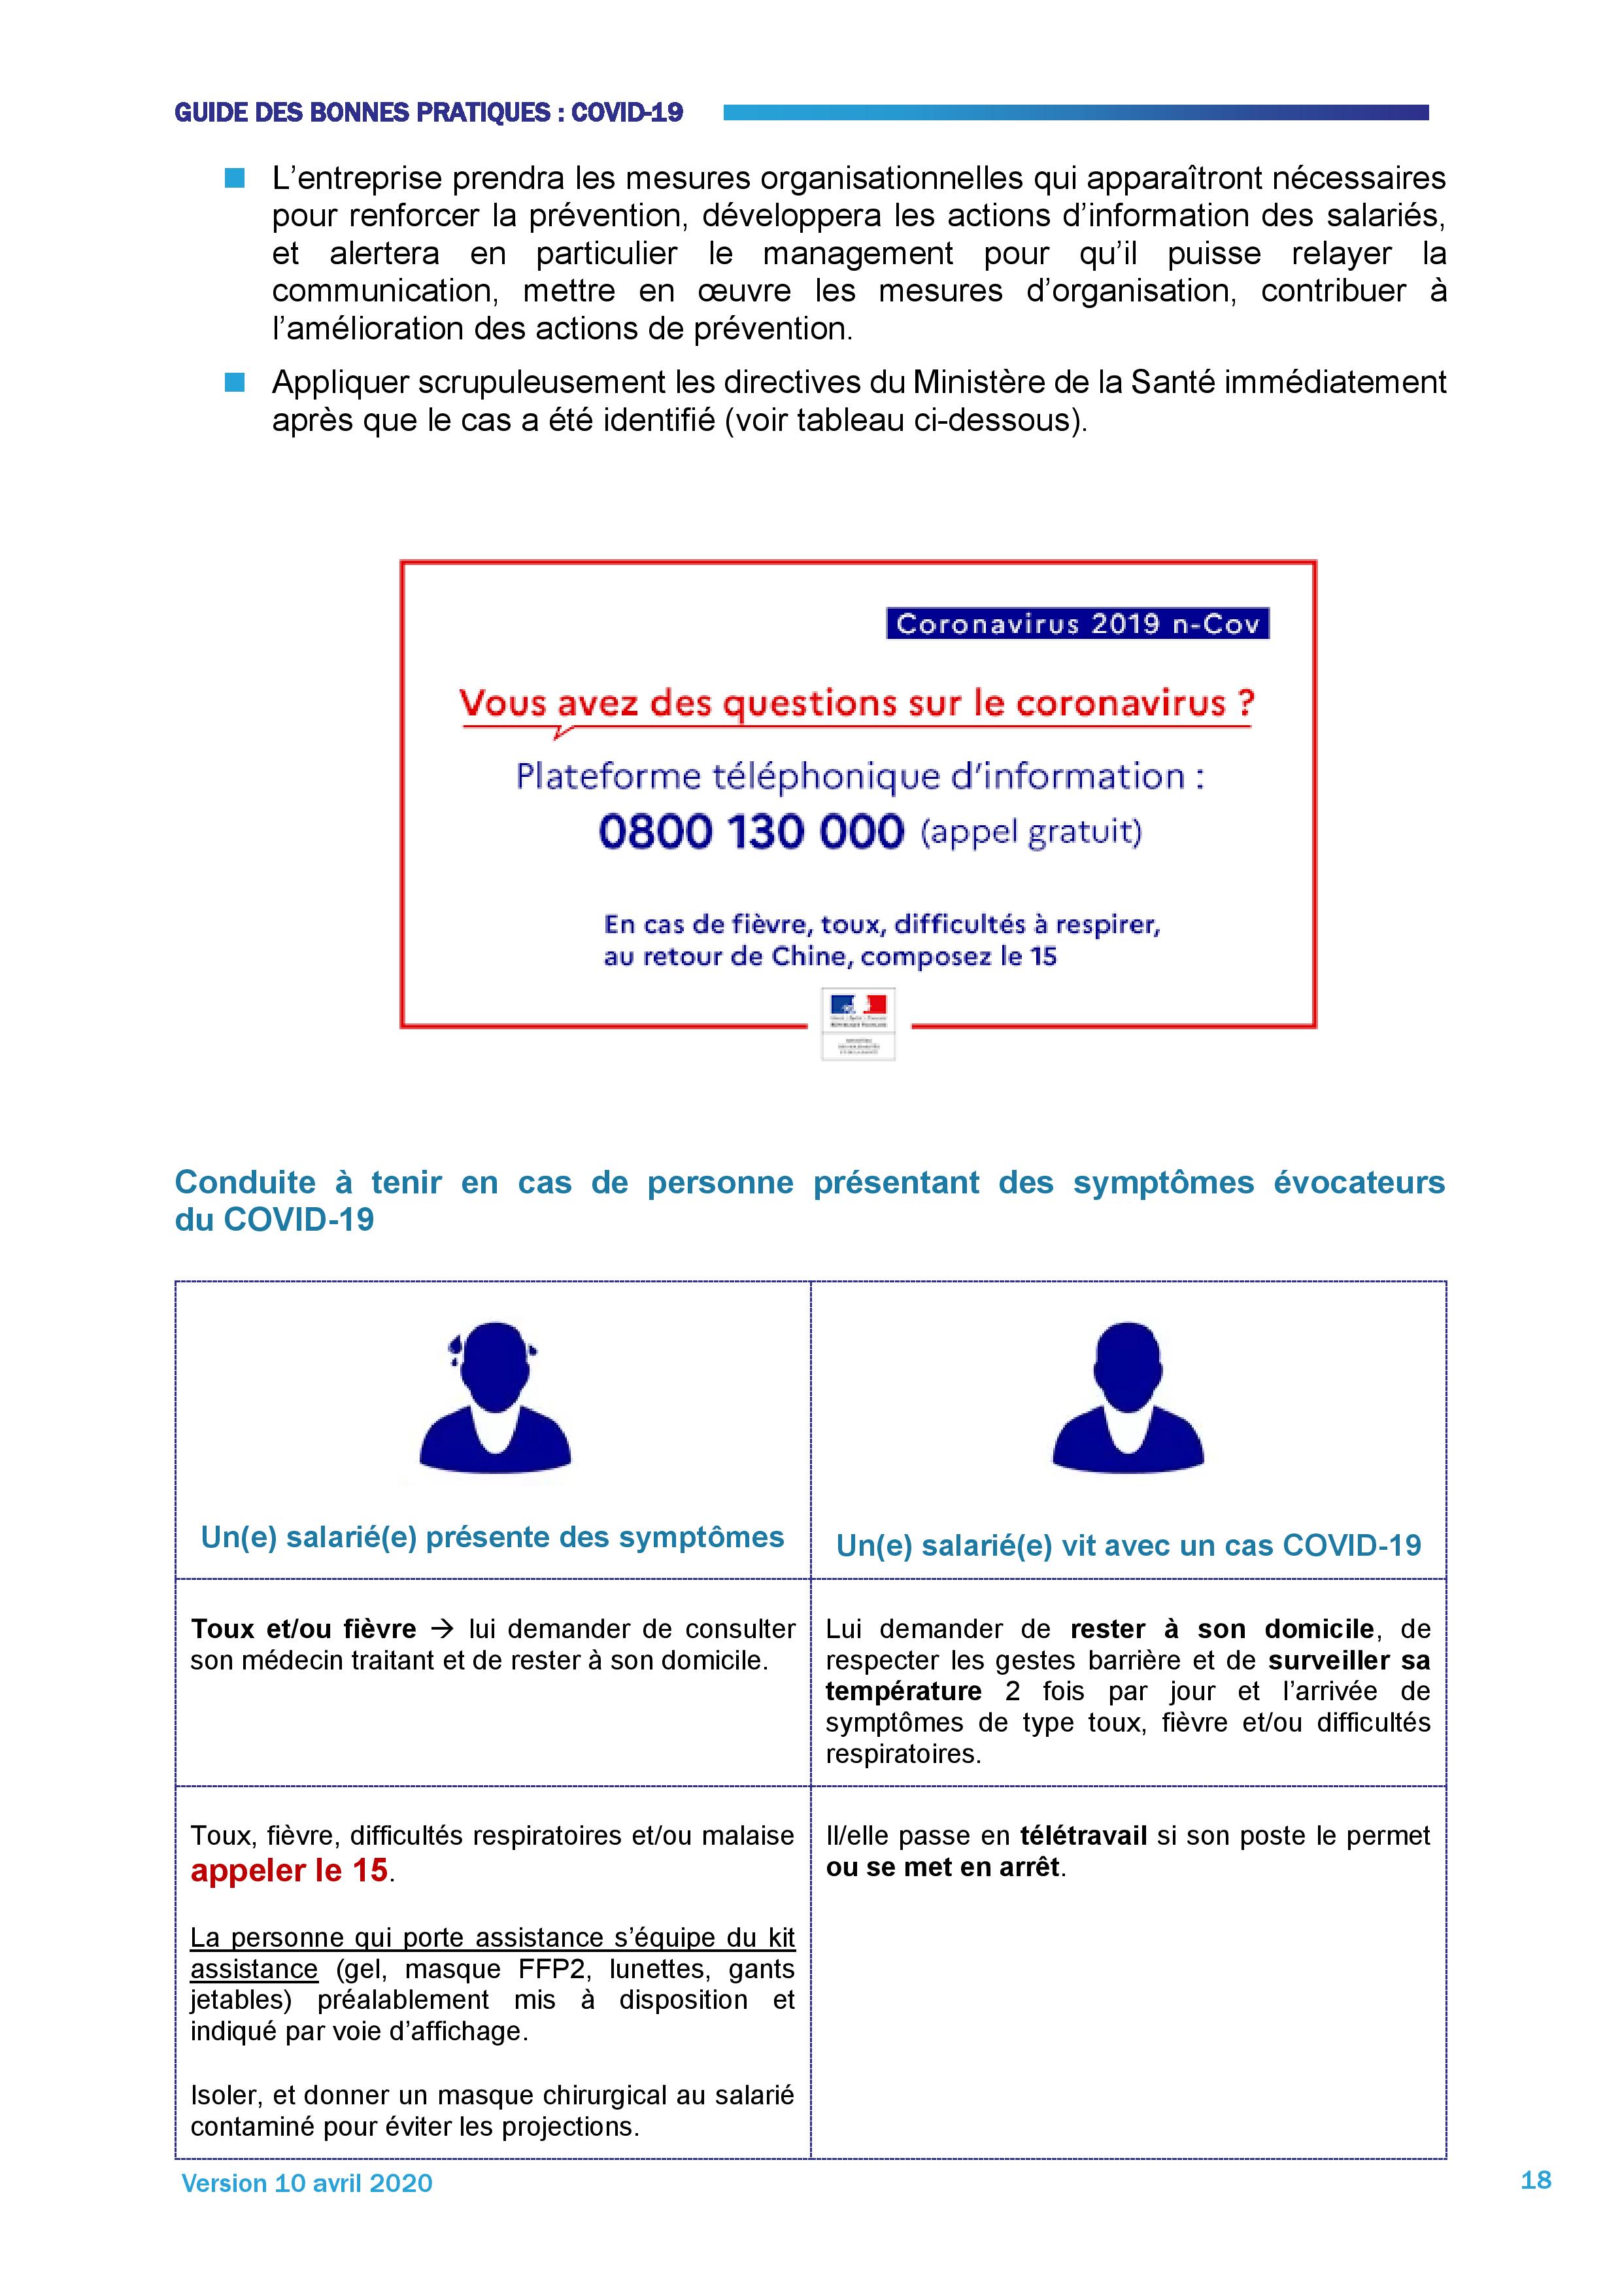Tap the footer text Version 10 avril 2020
(307, 2182)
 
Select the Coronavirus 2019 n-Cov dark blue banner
(1077, 623)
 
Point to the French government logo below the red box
(858, 1023)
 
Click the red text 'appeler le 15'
(289, 1870)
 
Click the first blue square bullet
(235, 179)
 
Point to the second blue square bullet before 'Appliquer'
(235, 383)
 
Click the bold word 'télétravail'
(1083, 1836)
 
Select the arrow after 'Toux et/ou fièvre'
(441, 1628)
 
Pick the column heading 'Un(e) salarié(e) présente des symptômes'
(492, 1537)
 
